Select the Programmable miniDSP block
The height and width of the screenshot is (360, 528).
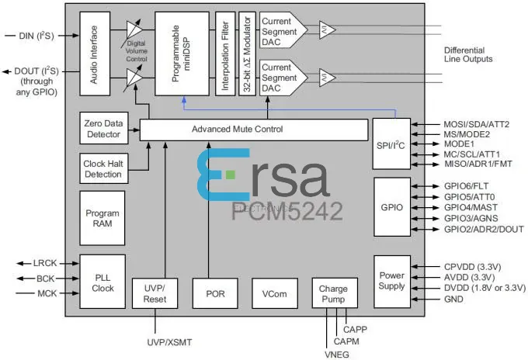[x=182, y=53]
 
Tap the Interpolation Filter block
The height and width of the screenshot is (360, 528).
[x=224, y=53]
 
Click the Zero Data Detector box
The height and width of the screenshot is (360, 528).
[x=102, y=128]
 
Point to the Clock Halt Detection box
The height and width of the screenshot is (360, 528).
[x=102, y=168]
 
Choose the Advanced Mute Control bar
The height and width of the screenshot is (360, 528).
[x=252, y=129]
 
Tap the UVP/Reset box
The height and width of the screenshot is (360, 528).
[x=155, y=292]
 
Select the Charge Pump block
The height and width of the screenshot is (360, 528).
[x=332, y=292]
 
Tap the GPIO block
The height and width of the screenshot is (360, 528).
[x=391, y=207]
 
